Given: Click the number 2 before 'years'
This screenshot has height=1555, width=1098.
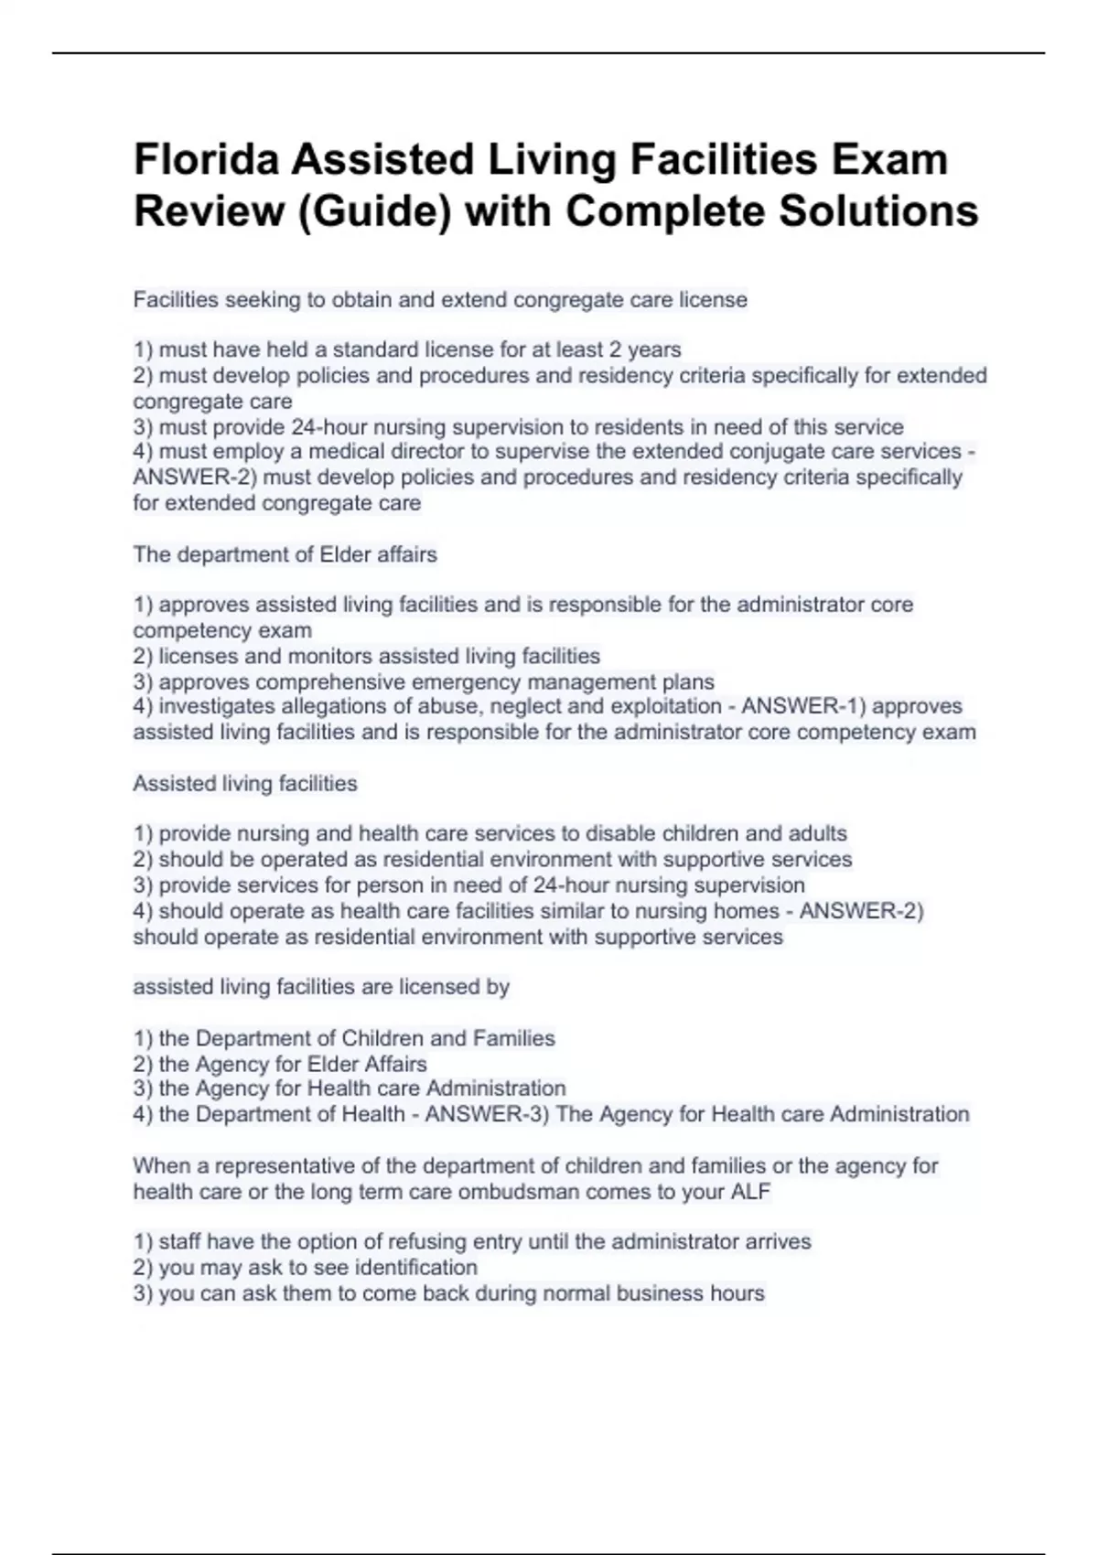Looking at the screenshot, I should tap(615, 349).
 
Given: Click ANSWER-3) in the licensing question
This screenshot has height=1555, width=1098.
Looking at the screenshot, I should tap(487, 1114).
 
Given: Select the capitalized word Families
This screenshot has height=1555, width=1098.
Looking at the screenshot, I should tap(513, 1038).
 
